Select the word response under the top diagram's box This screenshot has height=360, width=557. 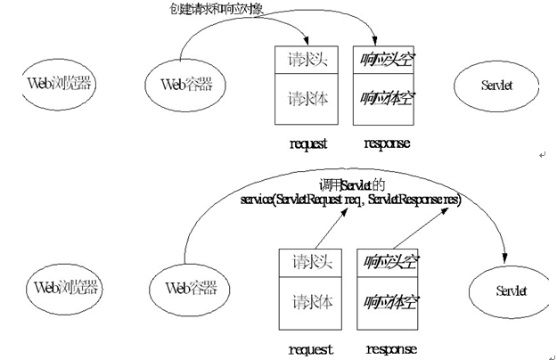(x=387, y=143)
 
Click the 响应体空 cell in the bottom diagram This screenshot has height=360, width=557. (x=389, y=302)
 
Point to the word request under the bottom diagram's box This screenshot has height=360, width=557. (x=312, y=349)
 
